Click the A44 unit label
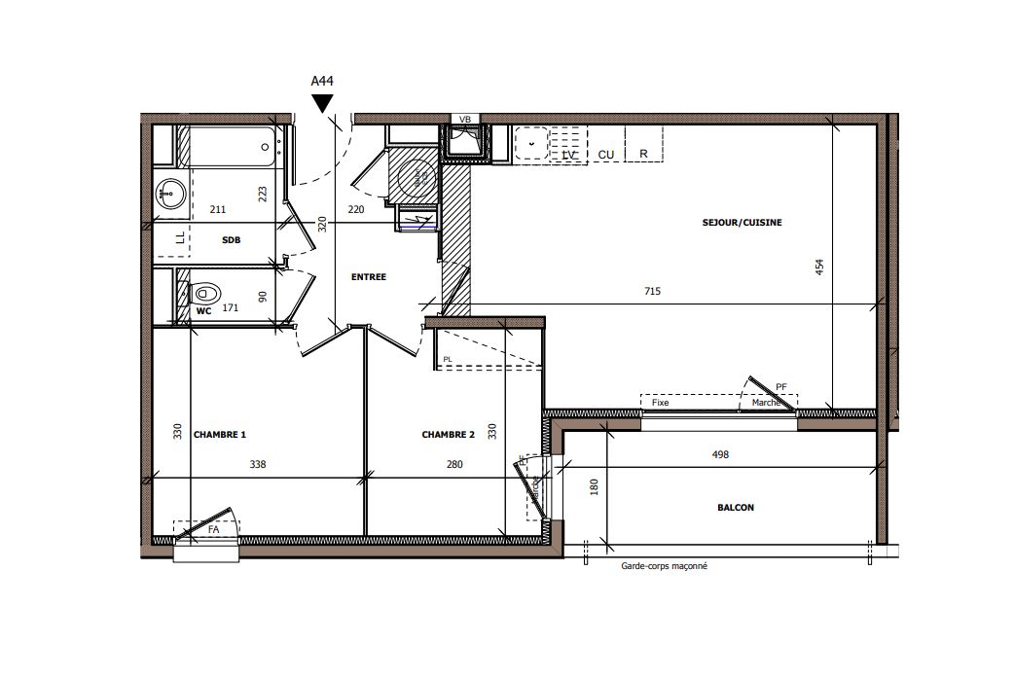tap(322, 82)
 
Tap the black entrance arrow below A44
tap(322, 103)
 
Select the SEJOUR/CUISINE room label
tap(742, 223)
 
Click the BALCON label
tap(736, 507)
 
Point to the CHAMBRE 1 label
tap(220, 435)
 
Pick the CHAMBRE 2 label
tap(448, 435)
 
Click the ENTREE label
tap(369, 277)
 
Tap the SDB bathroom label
tap(231, 238)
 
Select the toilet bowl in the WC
tap(204, 292)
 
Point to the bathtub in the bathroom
tap(232, 147)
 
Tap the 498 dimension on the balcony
tap(720, 454)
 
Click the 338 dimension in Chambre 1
tap(257, 465)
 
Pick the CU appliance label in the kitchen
tap(605, 155)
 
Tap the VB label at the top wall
tap(464, 120)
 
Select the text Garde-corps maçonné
tap(664, 566)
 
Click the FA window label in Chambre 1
tap(213, 529)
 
